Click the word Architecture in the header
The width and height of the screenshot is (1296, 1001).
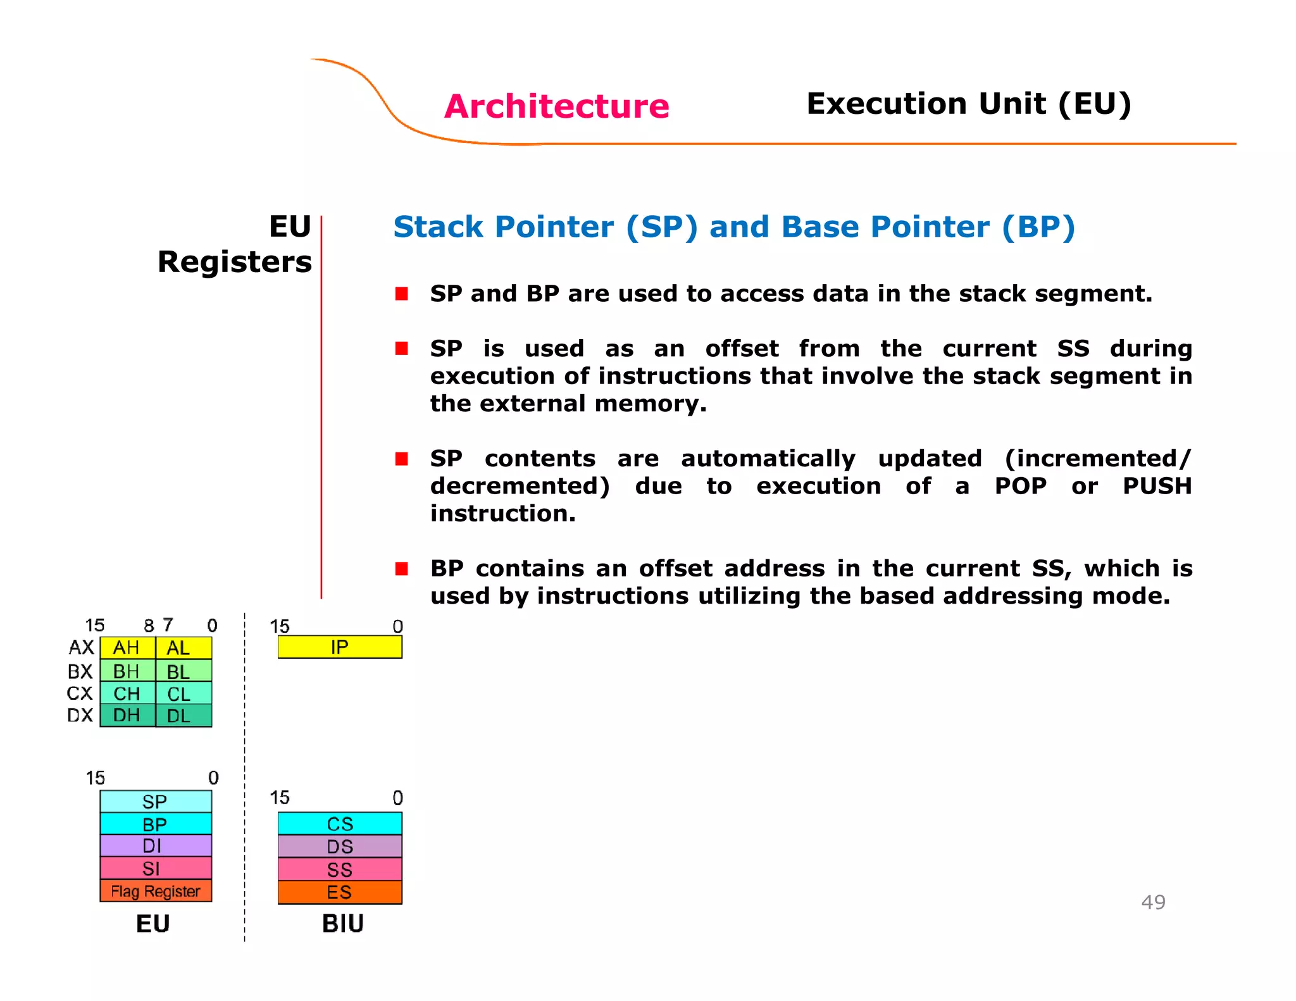pos(556,106)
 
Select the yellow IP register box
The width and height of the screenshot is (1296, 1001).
pos(340,647)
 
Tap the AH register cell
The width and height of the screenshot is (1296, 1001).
pos(127,648)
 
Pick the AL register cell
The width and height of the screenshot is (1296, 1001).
pos(183,648)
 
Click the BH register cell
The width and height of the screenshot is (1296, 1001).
pos(127,671)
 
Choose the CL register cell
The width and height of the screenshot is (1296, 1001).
pos(183,693)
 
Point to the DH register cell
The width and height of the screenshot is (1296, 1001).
pos(127,716)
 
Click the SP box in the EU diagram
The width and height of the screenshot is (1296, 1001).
pos(156,802)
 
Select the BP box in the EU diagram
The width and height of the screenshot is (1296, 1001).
pos(156,824)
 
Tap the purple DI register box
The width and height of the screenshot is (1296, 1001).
pos(156,846)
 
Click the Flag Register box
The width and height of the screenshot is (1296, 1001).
pos(156,891)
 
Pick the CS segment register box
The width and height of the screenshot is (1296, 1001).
pos(340,824)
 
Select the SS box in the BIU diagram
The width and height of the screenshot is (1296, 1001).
pos(340,869)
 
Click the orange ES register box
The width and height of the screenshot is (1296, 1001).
pos(340,892)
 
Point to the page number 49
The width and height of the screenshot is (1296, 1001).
pos(1153,902)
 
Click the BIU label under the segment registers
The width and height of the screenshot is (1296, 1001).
pos(342,924)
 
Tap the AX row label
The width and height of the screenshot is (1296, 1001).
pos(81,648)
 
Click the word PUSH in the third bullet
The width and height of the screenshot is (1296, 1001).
pos(1157,486)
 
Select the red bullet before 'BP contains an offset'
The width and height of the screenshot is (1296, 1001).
pos(401,568)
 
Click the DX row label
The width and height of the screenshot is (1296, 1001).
pos(80,716)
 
